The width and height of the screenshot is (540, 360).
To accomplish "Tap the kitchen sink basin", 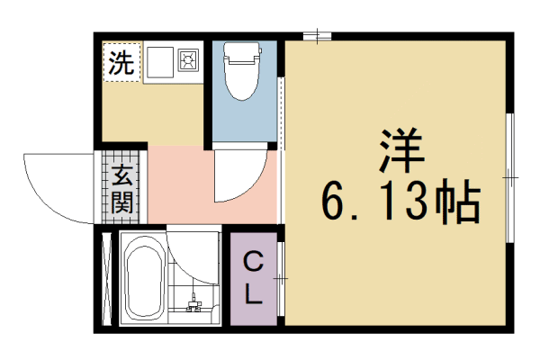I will click(x=159, y=61).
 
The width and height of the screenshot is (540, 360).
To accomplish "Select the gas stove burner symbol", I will click(x=188, y=61).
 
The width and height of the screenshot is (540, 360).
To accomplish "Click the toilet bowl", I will click(x=240, y=82).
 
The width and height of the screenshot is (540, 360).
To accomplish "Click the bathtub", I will click(x=142, y=279).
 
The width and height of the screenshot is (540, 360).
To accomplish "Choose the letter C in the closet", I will click(x=255, y=263).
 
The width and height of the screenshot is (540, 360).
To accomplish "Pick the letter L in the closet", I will click(x=255, y=292).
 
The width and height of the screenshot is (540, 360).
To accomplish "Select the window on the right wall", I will click(x=509, y=180).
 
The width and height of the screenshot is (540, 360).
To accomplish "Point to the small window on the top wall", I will click(x=316, y=36).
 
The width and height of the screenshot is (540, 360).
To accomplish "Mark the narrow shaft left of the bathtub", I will click(x=106, y=279).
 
